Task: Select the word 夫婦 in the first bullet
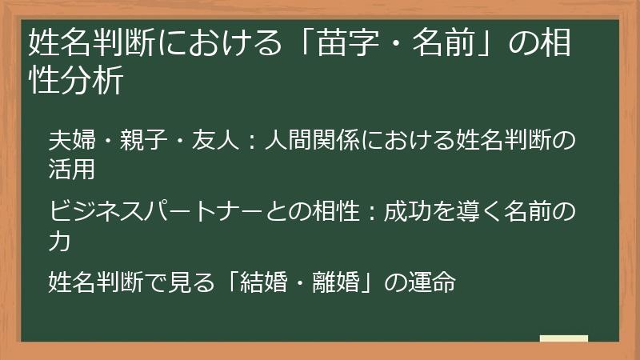70,141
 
